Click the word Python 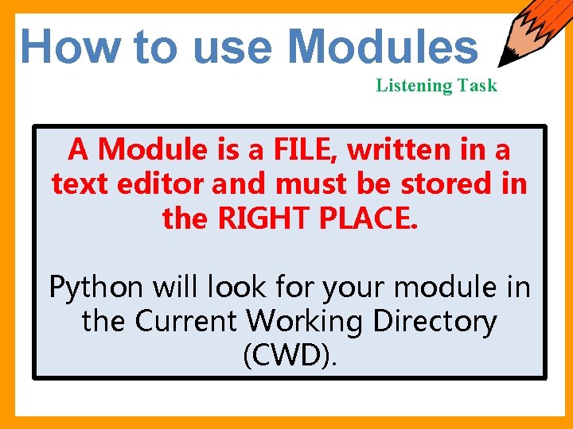pos(96,287)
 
